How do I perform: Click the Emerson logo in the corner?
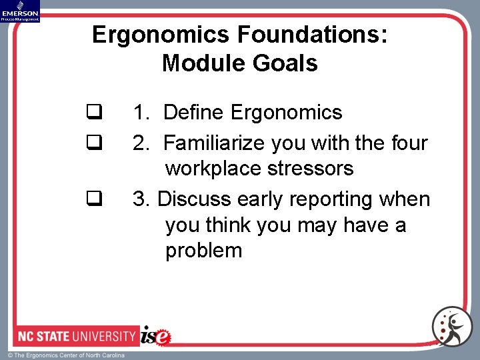pyautogui.click(x=20, y=11)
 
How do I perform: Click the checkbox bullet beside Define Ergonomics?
pyautogui.click(x=93, y=112)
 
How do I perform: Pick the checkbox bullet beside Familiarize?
pyautogui.click(x=93, y=142)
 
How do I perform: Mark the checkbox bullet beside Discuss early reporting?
pyautogui.click(x=93, y=198)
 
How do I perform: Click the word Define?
pyautogui.click(x=193, y=112)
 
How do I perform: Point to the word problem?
pyautogui.click(x=204, y=250)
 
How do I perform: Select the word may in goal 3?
pyautogui.click(x=316, y=225)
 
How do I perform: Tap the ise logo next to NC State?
pyautogui.click(x=155, y=335)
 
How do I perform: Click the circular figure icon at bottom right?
pyautogui.click(x=451, y=327)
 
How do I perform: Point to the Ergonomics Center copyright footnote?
pyautogui.click(x=66, y=355)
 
